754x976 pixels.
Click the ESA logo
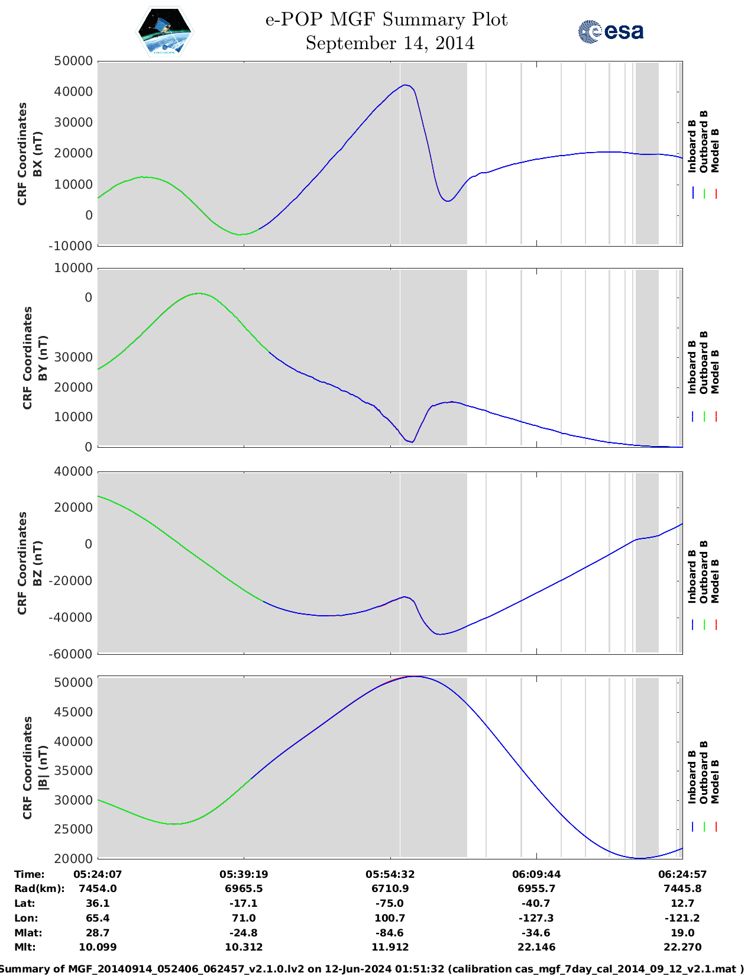pyautogui.click(x=611, y=31)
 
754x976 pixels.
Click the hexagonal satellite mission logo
pyautogui.click(x=165, y=32)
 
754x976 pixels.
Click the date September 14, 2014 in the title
pyautogui.click(x=390, y=43)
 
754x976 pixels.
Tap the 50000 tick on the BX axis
pyautogui.click(x=73, y=61)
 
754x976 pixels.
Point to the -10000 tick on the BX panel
pyautogui.click(x=73, y=245)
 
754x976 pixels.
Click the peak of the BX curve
pyautogui.click(x=405, y=85)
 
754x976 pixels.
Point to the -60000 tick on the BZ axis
pyautogui.click(x=73, y=654)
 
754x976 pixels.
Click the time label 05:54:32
pyautogui.click(x=390, y=874)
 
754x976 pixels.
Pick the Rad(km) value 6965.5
pyautogui.click(x=244, y=888)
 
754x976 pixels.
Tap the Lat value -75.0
pyautogui.click(x=390, y=903)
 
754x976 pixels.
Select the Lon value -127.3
pyautogui.click(x=536, y=918)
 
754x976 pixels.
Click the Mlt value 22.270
pyautogui.click(x=682, y=947)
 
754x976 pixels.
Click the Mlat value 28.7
pyautogui.click(x=98, y=933)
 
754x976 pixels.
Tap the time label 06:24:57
pyautogui.click(x=682, y=874)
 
